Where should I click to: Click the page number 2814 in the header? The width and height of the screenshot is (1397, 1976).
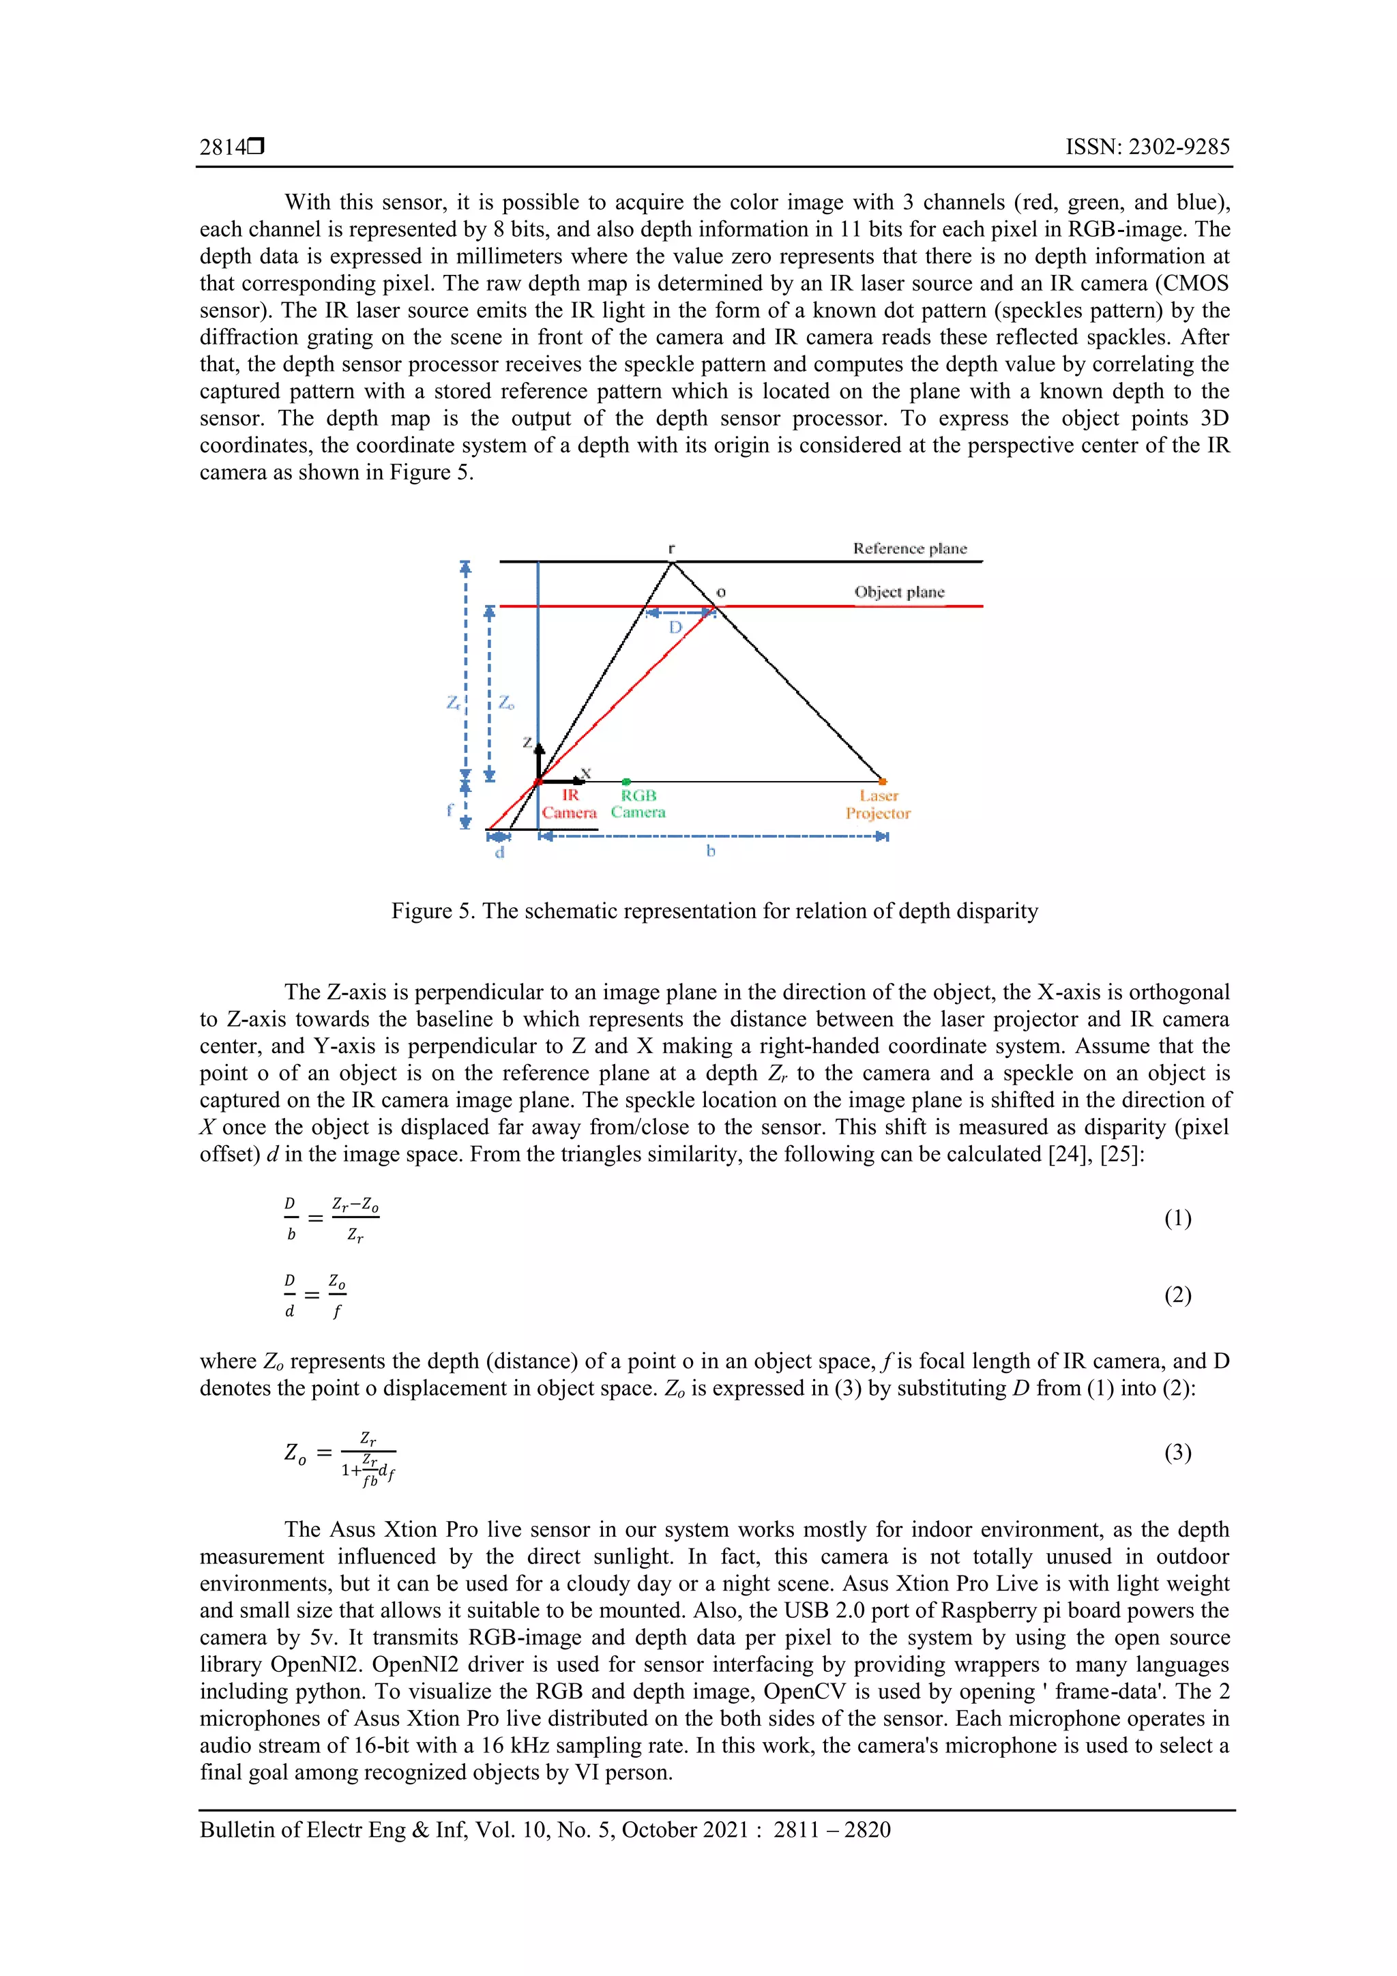click(223, 147)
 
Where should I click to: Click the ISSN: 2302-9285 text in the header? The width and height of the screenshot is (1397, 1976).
click(1147, 147)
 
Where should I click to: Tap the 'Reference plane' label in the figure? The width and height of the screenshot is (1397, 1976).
click(910, 548)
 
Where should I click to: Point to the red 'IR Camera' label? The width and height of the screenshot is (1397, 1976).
click(569, 803)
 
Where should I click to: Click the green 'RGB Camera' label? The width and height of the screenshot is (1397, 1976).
click(638, 803)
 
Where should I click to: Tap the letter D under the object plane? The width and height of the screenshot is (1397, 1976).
click(676, 628)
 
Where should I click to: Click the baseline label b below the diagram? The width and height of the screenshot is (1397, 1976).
click(711, 851)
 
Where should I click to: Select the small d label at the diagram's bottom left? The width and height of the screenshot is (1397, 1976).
click(499, 853)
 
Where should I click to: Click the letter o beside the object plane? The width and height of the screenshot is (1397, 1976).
click(721, 592)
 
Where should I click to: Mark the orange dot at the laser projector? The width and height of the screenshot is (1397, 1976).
click(882, 780)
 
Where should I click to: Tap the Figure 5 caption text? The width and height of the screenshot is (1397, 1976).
click(714, 911)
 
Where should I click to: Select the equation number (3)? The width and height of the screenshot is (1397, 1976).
click(1177, 1453)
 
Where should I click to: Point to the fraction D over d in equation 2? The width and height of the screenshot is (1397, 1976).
click(290, 1295)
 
